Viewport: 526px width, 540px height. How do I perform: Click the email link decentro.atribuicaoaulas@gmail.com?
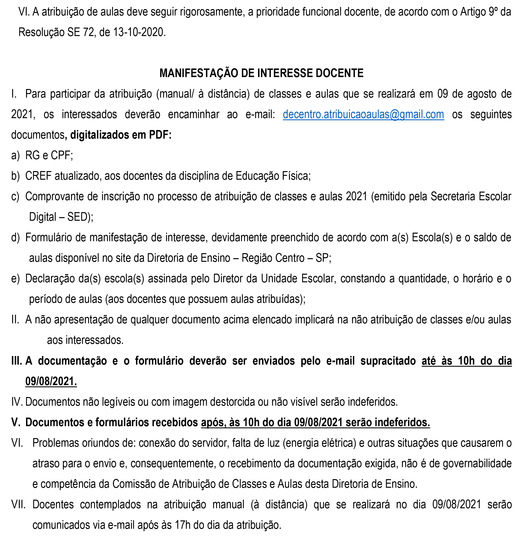[363, 115]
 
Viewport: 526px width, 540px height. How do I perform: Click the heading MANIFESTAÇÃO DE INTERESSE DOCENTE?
[261, 73]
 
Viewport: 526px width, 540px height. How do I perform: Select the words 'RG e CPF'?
[49, 155]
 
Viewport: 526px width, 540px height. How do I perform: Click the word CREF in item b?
[38, 176]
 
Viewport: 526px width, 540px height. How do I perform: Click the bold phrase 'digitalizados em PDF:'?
[121, 135]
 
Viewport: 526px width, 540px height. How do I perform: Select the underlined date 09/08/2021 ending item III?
[51, 381]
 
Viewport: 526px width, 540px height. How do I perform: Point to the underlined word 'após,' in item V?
[213, 422]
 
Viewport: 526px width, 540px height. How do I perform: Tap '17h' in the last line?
[183, 525]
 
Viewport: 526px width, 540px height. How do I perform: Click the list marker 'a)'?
[15, 155]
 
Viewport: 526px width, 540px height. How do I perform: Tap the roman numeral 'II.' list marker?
[15, 320]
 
